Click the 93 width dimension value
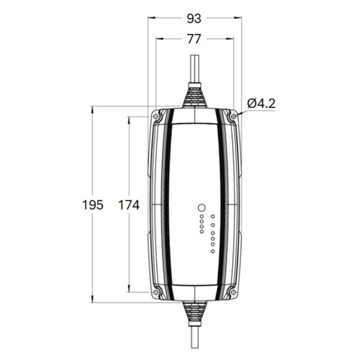click(194, 18)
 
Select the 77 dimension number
click(194, 39)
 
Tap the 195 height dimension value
click(93, 205)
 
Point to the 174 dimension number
click(129, 205)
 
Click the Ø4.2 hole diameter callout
click(261, 104)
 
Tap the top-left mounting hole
click(156, 117)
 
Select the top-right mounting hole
click(234, 117)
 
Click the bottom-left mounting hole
click(156, 292)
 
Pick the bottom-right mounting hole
click(234, 292)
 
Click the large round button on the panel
click(201, 208)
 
